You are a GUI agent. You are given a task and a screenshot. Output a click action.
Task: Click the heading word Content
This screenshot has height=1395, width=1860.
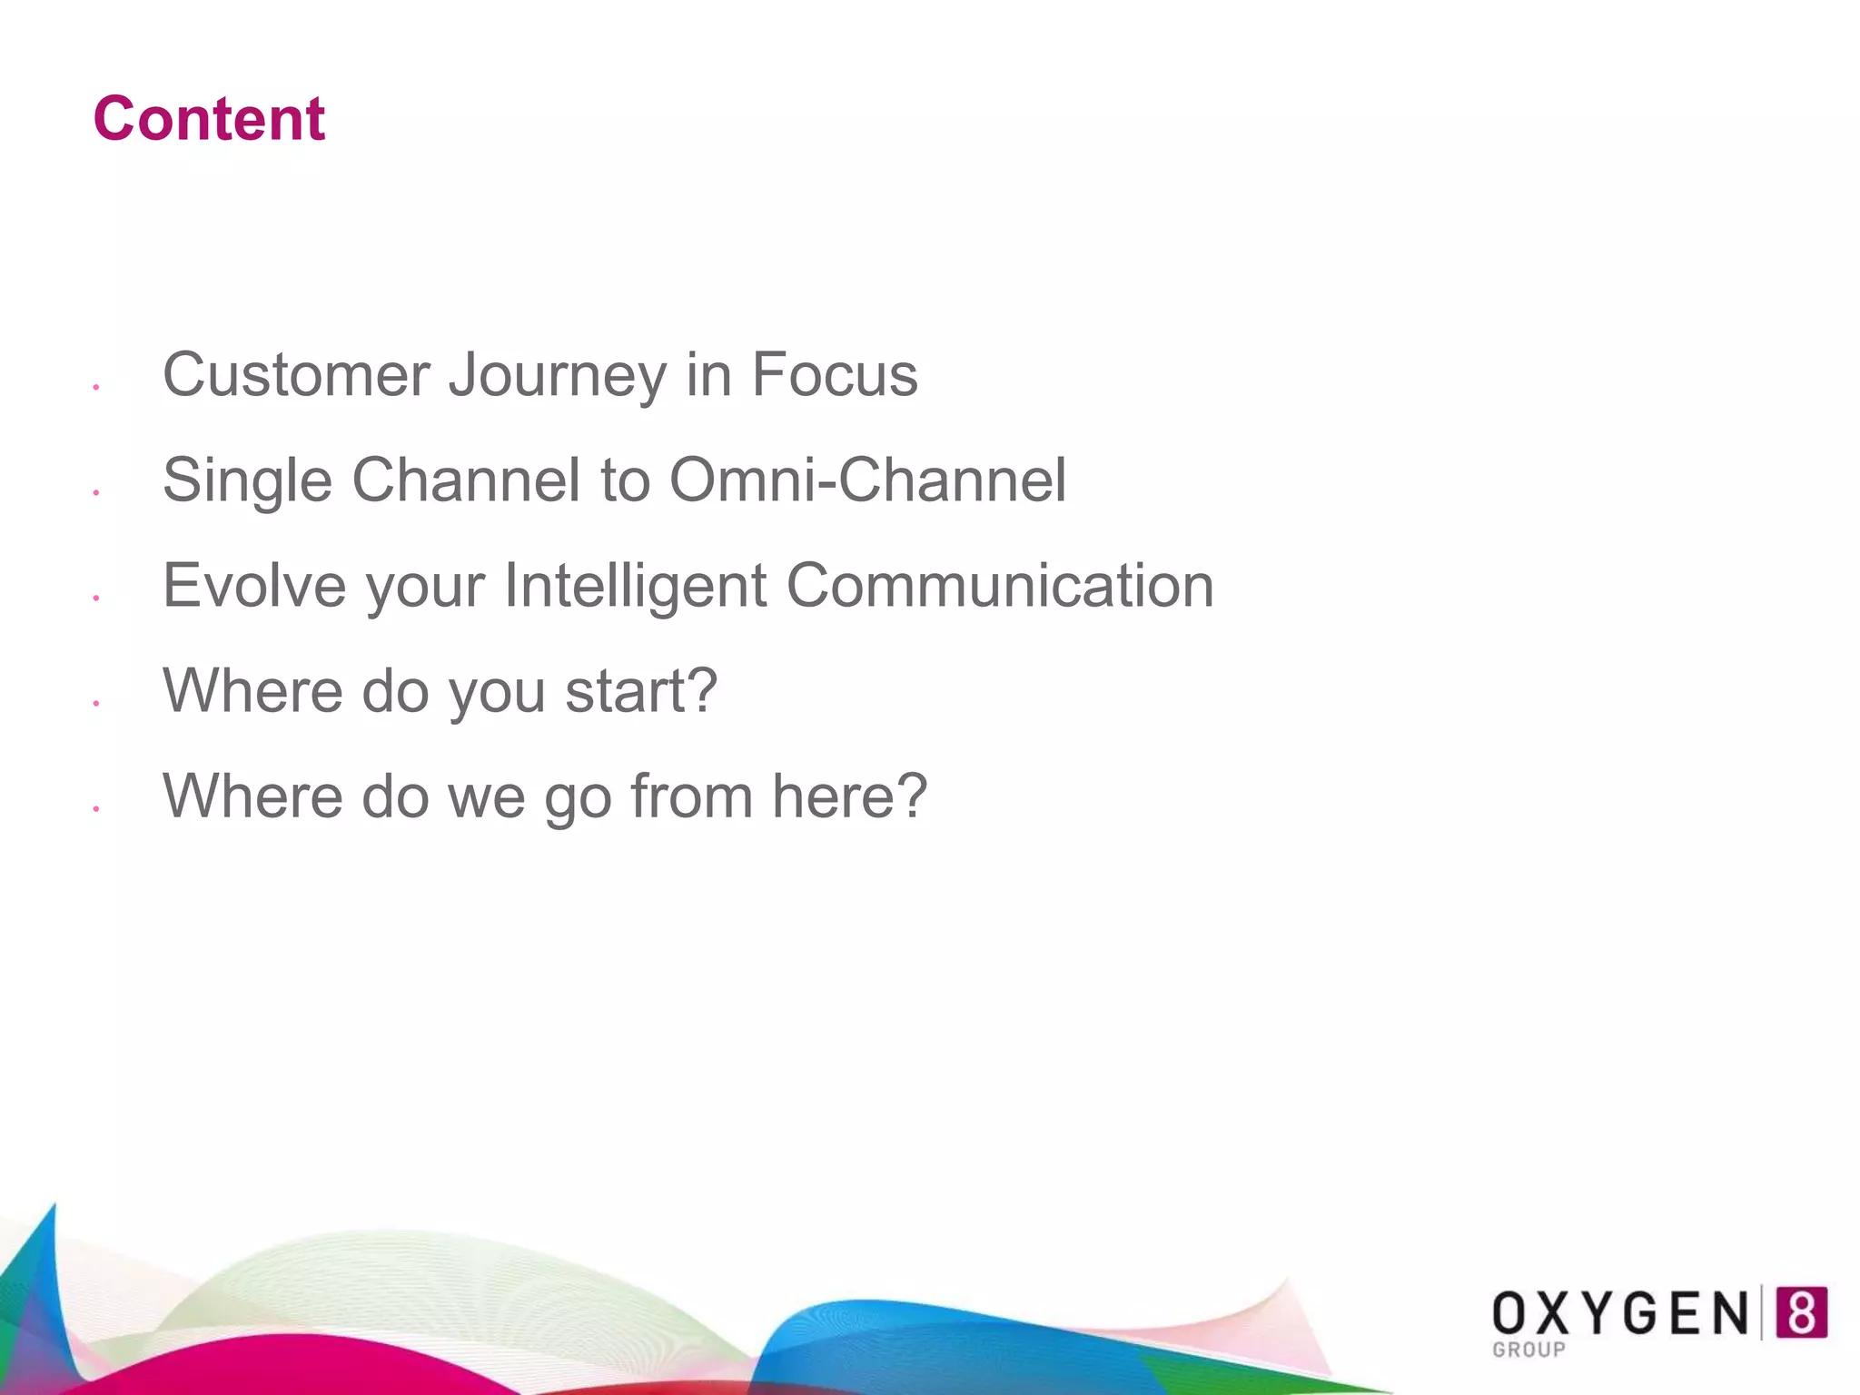click(x=209, y=119)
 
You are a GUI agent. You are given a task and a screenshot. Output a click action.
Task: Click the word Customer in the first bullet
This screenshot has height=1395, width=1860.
click(x=296, y=375)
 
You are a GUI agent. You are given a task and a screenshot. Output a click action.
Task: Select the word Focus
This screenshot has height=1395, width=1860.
click(x=834, y=375)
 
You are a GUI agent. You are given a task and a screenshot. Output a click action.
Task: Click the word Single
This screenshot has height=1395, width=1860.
click(x=247, y=481)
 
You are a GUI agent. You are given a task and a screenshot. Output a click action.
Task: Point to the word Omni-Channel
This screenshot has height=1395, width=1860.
click(x=867, y=480)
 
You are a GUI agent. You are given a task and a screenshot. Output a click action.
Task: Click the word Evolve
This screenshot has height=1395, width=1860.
click(x=254, y=586)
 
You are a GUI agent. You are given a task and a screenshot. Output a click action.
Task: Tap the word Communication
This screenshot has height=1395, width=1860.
click(x=999, y=586)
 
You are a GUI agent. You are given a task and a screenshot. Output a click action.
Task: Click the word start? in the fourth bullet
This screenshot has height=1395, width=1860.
click(x=641, y=692)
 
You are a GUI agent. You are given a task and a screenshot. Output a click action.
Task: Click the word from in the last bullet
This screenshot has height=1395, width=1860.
click(x=691, y=796)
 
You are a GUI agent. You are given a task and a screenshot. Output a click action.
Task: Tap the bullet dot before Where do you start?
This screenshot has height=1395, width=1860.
click(x=95, y=703)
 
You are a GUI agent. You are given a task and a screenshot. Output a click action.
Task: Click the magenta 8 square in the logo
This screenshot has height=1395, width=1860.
click(x=1801, y=1312)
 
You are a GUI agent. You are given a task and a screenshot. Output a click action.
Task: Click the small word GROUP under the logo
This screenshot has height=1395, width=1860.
click(x=1529, y=1350)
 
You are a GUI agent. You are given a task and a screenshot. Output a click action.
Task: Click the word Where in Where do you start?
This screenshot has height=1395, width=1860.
click(x=252, y=692)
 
